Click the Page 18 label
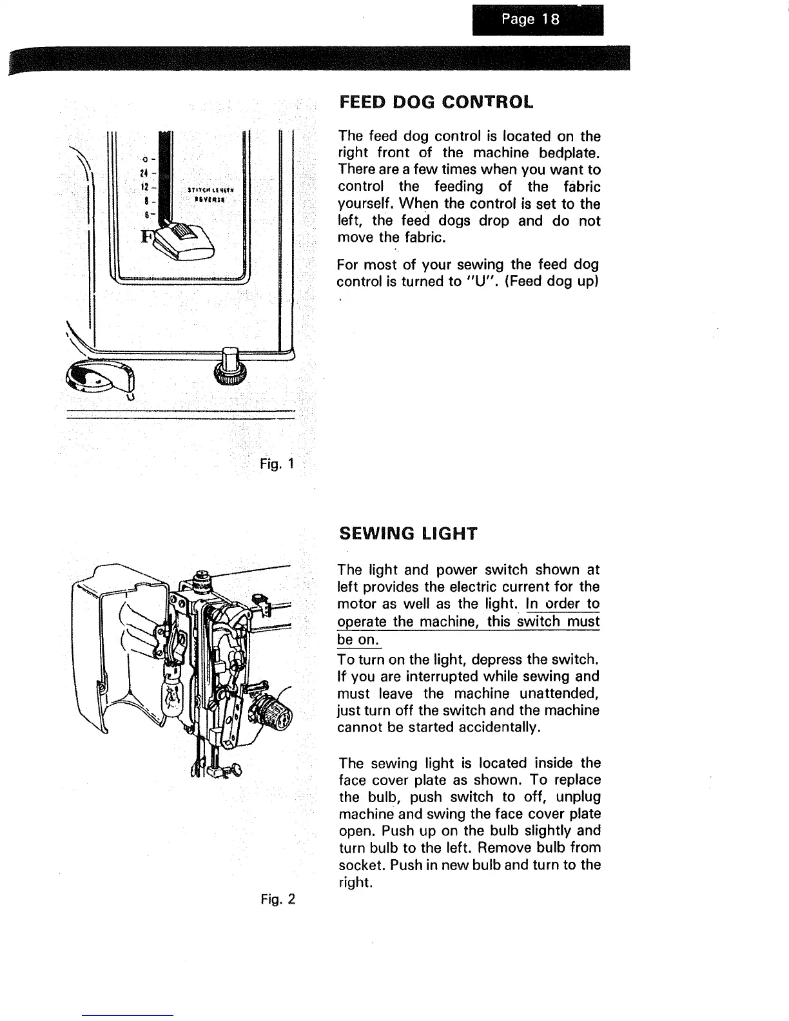point(537,20)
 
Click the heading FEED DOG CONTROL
point(436,102)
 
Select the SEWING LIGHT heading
point(407,534)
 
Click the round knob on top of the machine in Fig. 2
point(200,574)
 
